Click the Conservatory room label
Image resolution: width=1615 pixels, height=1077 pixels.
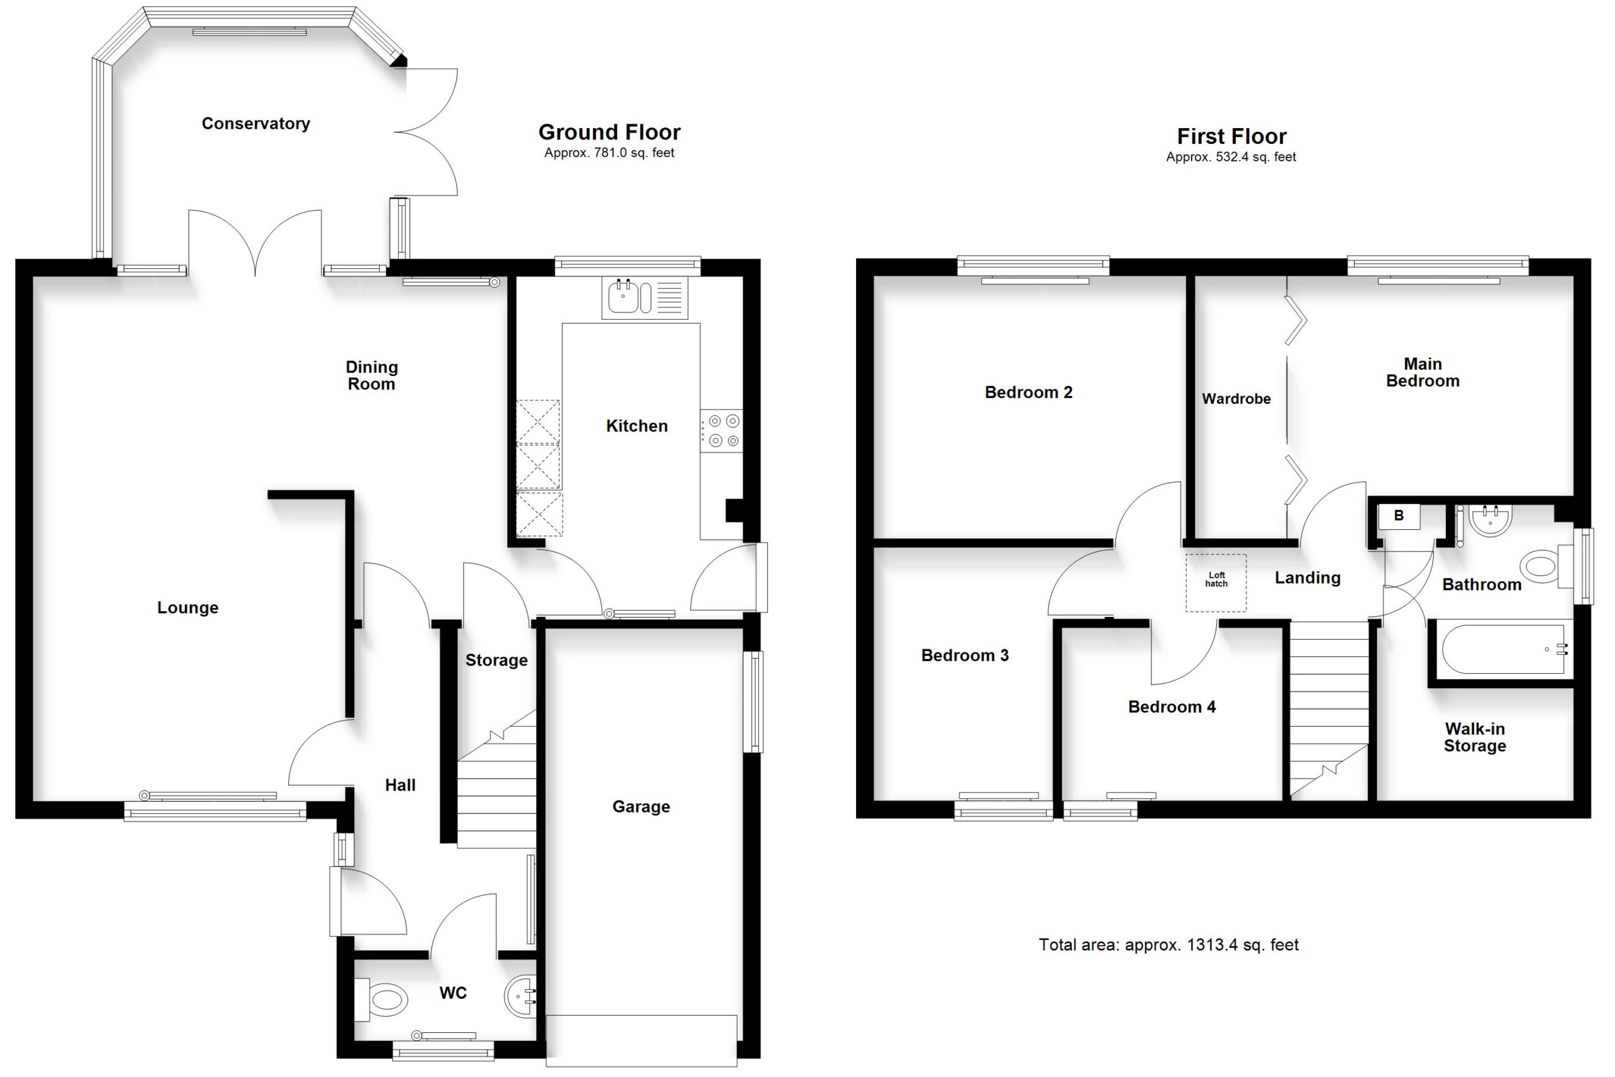tap(255, 124)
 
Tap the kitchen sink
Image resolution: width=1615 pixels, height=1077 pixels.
tap(645, 297)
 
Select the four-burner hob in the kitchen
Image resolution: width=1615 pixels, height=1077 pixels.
tap(721, 431)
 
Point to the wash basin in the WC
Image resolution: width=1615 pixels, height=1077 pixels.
tap(522, 997)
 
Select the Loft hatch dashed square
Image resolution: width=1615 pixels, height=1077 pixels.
tap(1216, 582)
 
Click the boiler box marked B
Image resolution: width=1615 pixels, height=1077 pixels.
tap(1399, 517)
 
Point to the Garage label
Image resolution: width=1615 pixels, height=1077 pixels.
tap(642, 806)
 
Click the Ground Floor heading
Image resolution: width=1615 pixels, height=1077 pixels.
tap(609, 132)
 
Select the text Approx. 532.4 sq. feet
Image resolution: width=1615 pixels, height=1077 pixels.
tap(1231, 157)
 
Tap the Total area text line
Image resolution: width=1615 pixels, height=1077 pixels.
tap(1169, 945)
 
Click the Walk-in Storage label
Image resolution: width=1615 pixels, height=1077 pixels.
tap(1475, 737)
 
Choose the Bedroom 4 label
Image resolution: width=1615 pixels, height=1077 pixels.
tap(1172, 707)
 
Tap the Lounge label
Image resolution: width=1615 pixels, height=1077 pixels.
tap(187, 608)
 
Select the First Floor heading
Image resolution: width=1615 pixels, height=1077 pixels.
tap(1232, 136)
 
